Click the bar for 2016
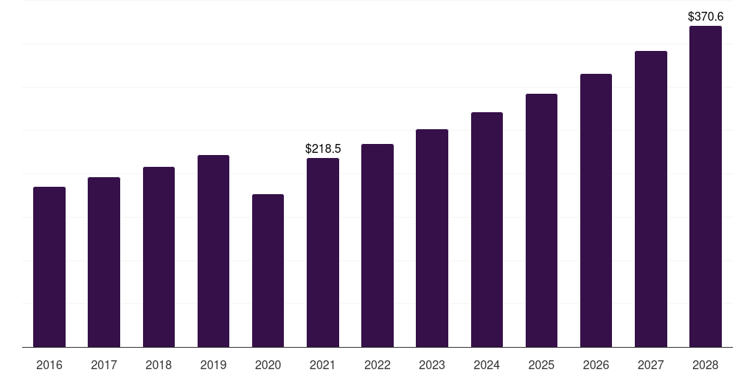(49, 267)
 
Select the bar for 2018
(159, 257)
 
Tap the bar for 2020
(268, 270)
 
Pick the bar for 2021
(323, 252)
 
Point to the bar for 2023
(432, 238)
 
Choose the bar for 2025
(541, 220)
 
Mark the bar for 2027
(651, 199)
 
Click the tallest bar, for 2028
(706, 186)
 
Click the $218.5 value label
(323, 149)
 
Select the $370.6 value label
(706, 16)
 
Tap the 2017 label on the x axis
(104, 365)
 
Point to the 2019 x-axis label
(213, 365)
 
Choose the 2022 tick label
(377, 365)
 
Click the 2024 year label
(487, 365)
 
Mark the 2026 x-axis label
(596, 365)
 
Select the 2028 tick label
(706, 365)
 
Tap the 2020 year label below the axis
(268, 365)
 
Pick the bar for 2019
(213, 251)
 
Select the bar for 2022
(377, 245)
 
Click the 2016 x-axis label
(49, 365)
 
